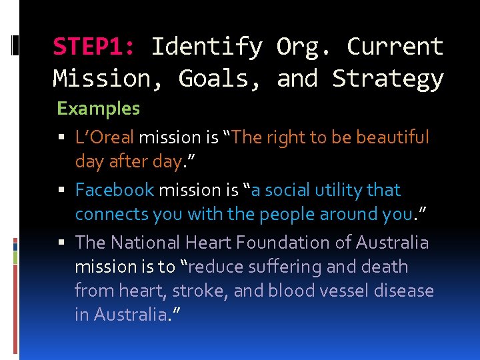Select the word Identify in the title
coord(207,47)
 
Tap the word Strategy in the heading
coord(388,79)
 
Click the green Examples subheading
coord(99,108)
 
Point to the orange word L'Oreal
coord(105,137)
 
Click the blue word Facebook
coord(115,190)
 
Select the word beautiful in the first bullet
coord(393,137)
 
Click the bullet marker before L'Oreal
coord(61,138)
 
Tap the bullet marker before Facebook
coord(61,191)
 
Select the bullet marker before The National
coord(61,243)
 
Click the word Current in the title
coord(395,47)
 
